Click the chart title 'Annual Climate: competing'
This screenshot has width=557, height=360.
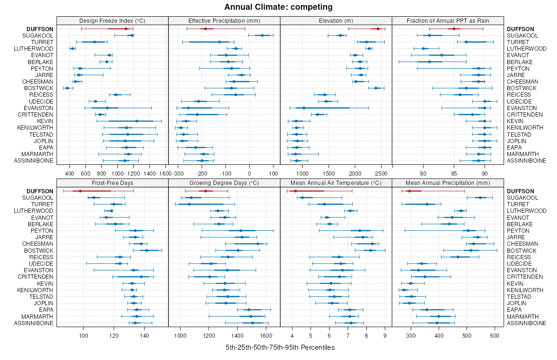tap(278, 7)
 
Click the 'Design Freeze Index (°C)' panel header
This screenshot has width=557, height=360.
tap(112, 20)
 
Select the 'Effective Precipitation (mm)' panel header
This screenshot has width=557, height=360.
tap(224, 20)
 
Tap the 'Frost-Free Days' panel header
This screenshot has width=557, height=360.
tap(112, 183)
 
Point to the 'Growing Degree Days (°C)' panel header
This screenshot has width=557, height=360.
tap(224, 183)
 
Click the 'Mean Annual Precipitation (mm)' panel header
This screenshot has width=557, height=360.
tap(448, 183)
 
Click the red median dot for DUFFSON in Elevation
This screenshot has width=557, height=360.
tap(378, 29)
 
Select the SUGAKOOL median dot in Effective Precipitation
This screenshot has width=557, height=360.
tap(262, 35)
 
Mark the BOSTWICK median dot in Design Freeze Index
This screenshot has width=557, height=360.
tap(67, 88)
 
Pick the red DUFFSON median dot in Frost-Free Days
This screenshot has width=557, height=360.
tap(80, 191)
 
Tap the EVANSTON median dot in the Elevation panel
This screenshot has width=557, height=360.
tap(304, 108)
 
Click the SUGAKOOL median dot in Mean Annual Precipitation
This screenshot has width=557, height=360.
tap(480, 197)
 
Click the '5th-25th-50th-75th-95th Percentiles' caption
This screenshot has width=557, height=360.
tap(280, 347)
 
